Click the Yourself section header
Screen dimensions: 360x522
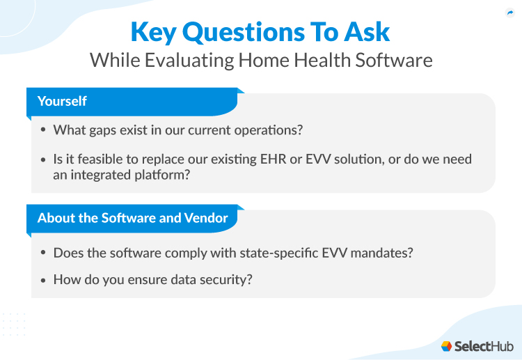pos(62,101)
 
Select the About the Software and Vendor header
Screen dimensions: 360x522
pos(132,218)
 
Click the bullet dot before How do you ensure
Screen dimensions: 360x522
pos(44,280)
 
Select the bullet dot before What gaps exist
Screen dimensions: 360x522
pos(44,130)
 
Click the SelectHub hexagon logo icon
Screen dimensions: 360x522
pos(446,346)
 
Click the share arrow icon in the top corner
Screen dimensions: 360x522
pos(509,13)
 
